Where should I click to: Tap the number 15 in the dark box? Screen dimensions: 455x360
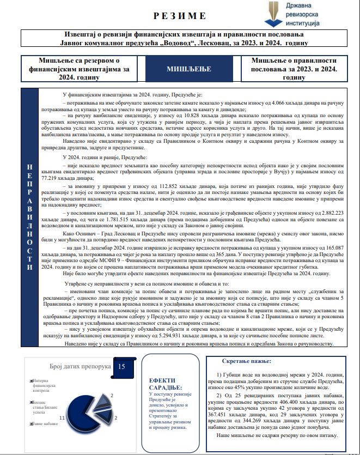click(121, 366)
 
